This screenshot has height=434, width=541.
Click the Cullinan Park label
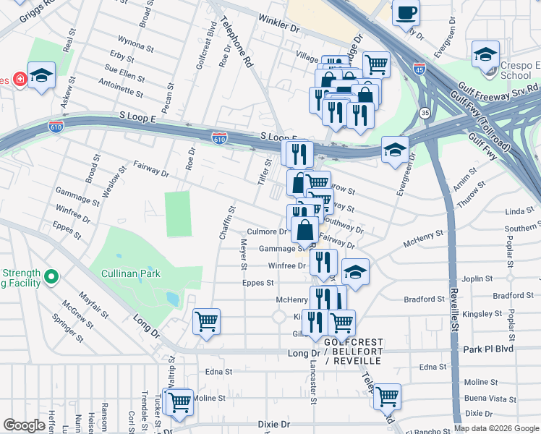pos(130,274)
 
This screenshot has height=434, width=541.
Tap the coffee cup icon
pos(406,12)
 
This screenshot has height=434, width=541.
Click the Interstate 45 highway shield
pos(419,69)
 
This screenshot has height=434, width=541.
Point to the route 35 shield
pos(425,113)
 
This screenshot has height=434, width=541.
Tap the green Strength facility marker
pos(51,277)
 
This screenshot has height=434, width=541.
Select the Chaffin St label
pos(228,224)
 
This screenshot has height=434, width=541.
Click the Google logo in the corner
pos(24,425)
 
